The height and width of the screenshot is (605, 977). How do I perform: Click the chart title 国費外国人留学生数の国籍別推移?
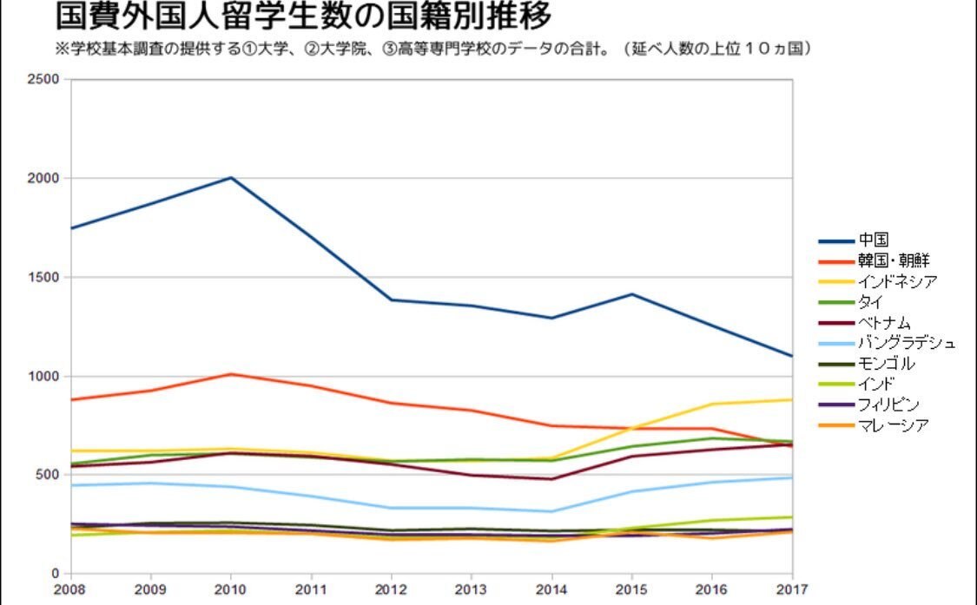[x=304, y=16]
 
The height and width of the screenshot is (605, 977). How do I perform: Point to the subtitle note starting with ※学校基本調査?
[x=433, y=49]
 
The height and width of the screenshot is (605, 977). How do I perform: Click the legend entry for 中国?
[x=873, y=240]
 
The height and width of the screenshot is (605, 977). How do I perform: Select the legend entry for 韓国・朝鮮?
[x=894, y=260]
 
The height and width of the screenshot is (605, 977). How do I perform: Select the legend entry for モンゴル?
[x=885, y=364]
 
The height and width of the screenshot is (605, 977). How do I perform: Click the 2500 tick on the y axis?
[x=44, y=80]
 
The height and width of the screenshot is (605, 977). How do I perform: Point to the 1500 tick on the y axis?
[x=44, y=278]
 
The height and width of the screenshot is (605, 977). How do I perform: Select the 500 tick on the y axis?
[x=48, y=475]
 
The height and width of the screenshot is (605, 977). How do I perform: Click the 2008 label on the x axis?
[x=70, y=590]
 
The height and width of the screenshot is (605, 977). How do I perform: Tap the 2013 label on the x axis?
[x=472, y=590]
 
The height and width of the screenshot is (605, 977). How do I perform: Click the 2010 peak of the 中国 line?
[x=231, y=178]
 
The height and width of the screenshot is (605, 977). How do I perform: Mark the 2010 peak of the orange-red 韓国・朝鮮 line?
[x=231, y=374]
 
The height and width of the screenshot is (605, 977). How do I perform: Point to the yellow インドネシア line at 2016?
[x=712, y=404]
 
